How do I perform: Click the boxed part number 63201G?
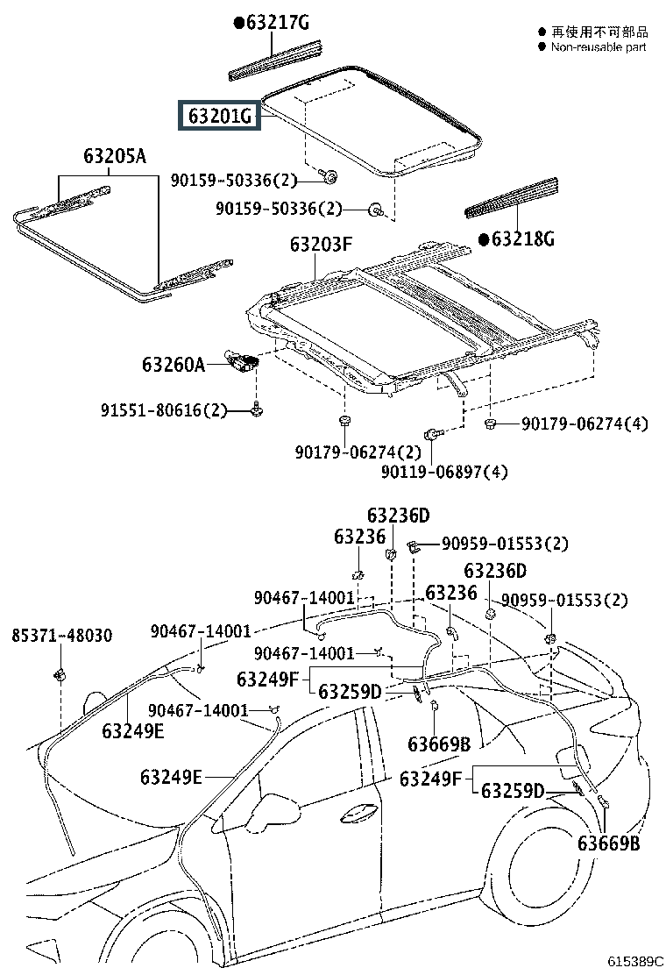click(219, 116)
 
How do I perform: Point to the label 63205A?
click(115, 155)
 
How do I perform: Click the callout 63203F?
click(321, 245)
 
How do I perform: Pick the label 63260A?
click(174, 364)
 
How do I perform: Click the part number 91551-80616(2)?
click(164, 410)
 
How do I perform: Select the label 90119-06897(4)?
click(444, 472)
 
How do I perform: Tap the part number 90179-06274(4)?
click(585, 423)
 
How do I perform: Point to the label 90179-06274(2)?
click(358, 452)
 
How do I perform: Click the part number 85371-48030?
click(62, 636)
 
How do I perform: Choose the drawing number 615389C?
click(635, 961)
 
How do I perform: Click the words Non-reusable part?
click(599, 47)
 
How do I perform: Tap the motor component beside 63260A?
click(241, 361)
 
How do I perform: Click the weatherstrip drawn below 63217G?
click(276, 61)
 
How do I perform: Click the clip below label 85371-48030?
click(60, 673)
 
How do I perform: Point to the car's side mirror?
click(274, 809)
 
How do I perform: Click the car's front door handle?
click(358, 811)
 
